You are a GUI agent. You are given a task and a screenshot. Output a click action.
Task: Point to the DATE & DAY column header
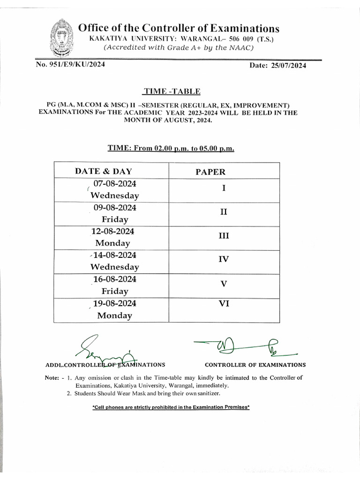pyautogui.click(x=103, y=171)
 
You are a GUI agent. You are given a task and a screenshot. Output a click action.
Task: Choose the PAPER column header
pyautogui.click(x=210, y=172)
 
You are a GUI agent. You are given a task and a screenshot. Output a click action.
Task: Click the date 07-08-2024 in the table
pyautogui.click(x=115, y=183)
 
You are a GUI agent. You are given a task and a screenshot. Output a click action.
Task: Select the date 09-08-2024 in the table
pyautogui.click(x=115, y=207)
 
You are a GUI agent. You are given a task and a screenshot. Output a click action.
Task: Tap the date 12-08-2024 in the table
pyautogui.click(x=113, y=231)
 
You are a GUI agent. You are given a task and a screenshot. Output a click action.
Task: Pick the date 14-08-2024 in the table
pyautogui.click(x=115, y=255)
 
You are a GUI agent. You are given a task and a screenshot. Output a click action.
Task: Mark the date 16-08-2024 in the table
pyautogui.click(x=115, y=279)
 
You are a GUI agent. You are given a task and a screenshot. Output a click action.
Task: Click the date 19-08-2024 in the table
pyautogui.click(x=115, y=303)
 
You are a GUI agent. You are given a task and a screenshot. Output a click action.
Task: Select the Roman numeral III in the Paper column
pyautogui.click(x=224, y=236)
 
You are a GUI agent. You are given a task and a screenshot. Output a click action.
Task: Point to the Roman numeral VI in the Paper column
pyautogui.click(x=224, y=304)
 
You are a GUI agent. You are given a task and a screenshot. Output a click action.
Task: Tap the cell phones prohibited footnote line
pyautogui.click(x=171, y=407)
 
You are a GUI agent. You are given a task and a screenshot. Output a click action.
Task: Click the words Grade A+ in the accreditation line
pyautogui.click(x=172, y=47)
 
